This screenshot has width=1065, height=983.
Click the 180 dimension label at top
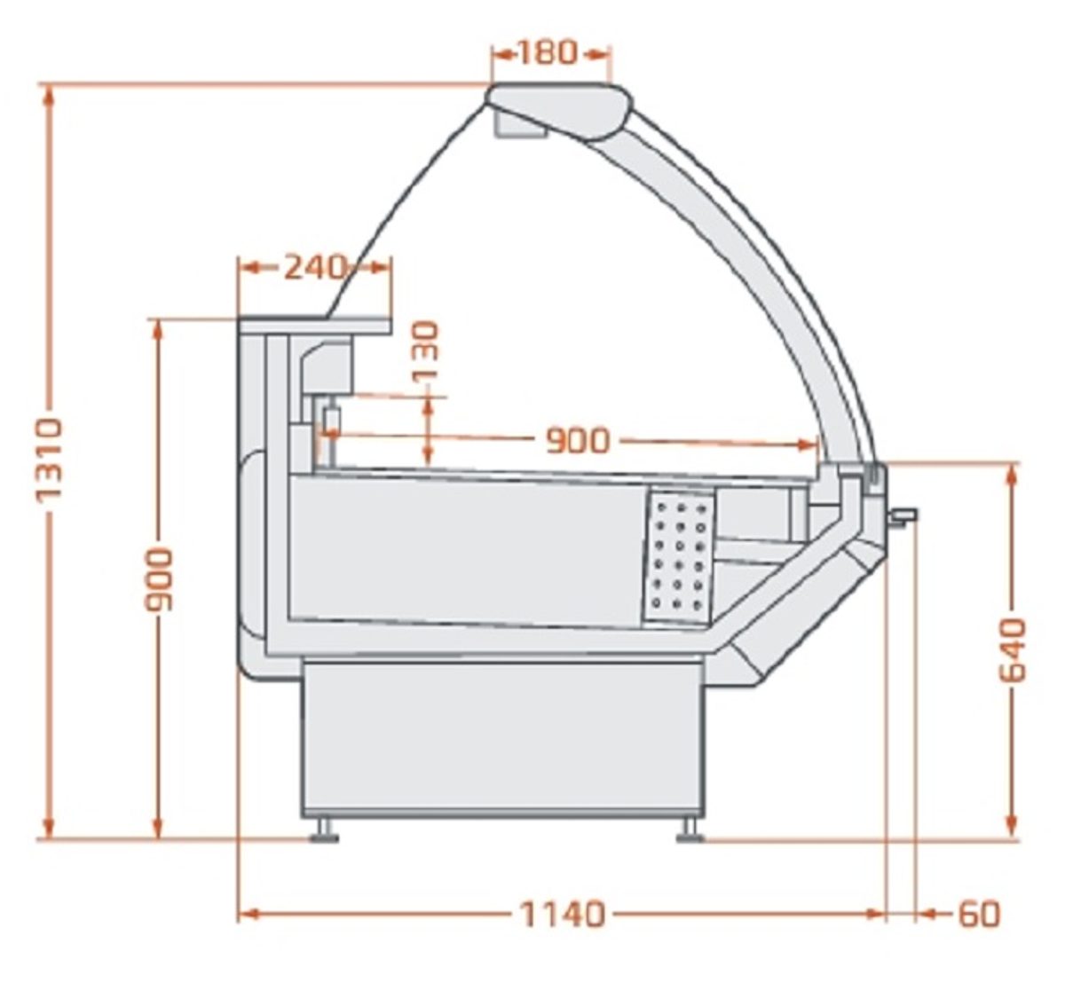[x=547, y=52]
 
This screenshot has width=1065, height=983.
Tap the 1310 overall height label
[x=49, y=461]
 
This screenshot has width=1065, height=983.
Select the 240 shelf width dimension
[x=315, y=266]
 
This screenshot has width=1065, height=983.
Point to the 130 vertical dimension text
[x=426, y=351]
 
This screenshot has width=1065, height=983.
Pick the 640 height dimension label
[x=1013, y=649]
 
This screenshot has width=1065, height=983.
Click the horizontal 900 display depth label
[x=578, y=441]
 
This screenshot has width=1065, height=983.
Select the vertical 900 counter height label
[x=159, y=579]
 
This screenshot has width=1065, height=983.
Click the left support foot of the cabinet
[x=323, y=830]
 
